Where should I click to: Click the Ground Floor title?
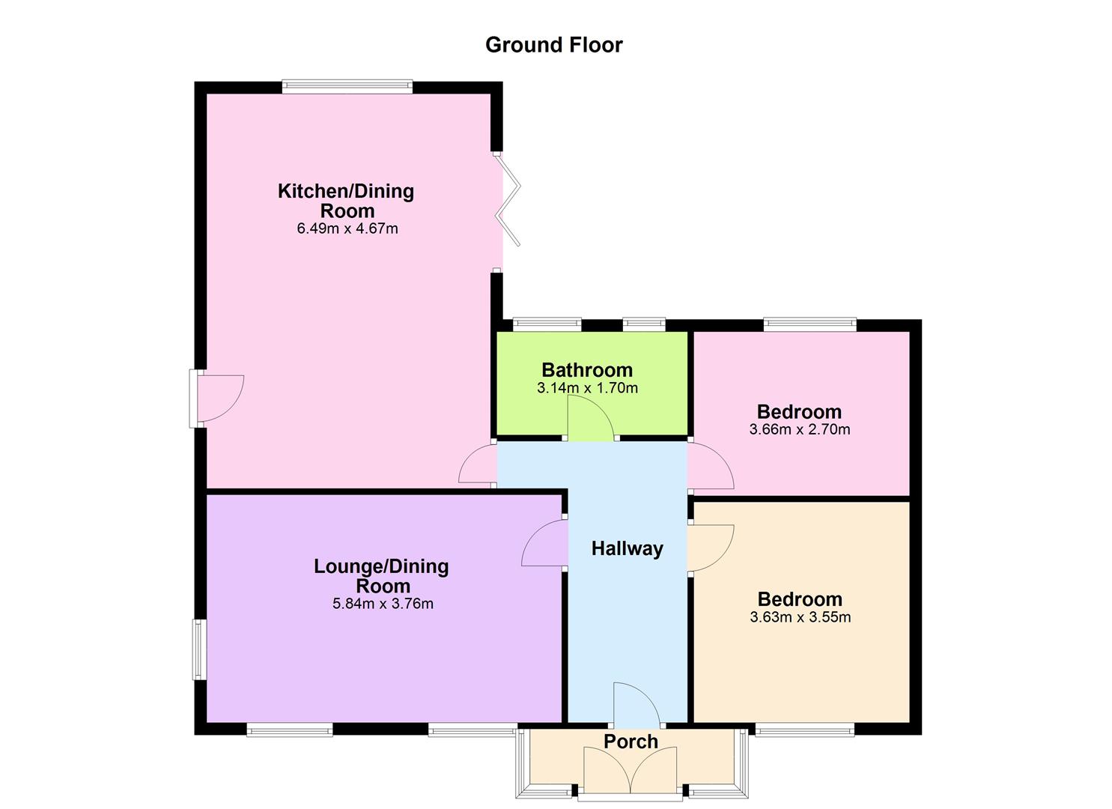(x=553, y=45)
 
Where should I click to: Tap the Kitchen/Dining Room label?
(x=345, y=201)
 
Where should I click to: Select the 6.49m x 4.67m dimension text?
(x=347, y=228)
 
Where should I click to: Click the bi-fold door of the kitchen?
(x=510, y=201)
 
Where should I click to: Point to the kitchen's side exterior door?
(x=217, y=399)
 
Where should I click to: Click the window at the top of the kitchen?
(x=347, y=87)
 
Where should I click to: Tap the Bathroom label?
(x=587, y=369)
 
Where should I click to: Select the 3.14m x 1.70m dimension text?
(x=587, y=388)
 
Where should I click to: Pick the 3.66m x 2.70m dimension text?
(x=799, y=430)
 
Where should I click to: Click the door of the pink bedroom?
(x=710, y=466)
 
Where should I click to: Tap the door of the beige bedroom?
(x=710, y=548)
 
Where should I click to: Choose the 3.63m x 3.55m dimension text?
(x=800, y=617)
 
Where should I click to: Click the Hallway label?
(x=627, y=548)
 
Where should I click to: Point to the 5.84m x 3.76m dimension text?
(x=383, y=604)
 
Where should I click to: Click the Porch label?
(x=631, y=741)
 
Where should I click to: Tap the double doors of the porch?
(x=631, y=772)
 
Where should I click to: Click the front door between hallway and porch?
(x=636, y=704)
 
